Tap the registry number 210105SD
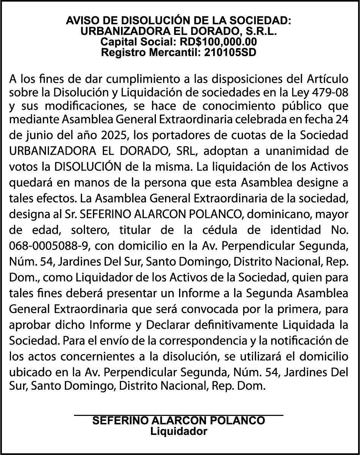(230, 52)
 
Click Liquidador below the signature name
(179, 431)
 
